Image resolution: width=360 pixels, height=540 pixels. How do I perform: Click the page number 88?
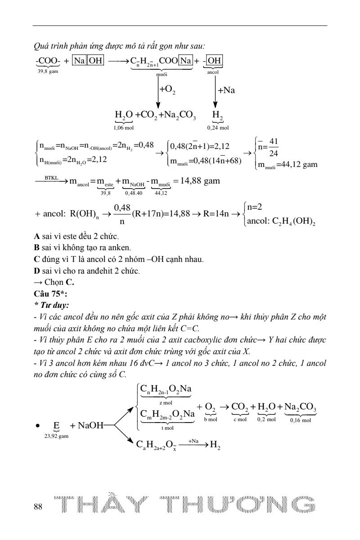38,507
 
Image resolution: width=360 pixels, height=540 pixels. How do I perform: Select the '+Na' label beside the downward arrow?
227,90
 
